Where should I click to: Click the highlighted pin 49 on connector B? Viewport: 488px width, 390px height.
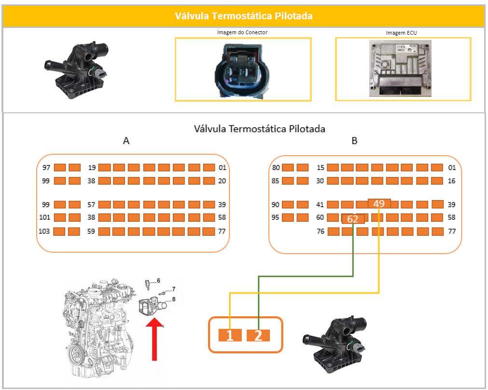click(x=379, y=203)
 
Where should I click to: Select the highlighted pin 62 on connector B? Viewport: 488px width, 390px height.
click(x=353, y=219)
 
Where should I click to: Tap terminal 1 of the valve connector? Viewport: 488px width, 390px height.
click(x=230, y=336)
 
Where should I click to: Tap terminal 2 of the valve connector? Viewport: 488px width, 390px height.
click(x=258, y=336)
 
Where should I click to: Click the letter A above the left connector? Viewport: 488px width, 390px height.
click(x=126, y=141)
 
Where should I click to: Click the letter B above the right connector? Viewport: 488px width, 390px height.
click(x=354, y=141)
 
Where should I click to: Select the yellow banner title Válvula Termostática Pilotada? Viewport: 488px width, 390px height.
click(x=244, y=16)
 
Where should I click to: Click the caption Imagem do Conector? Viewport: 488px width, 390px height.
click(x=242, y=32)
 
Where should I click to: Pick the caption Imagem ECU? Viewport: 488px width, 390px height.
click(x=401, y=33)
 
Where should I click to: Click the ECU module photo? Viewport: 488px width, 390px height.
click(x=400, y=68)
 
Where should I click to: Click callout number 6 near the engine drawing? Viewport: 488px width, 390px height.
click(x=158, y=281)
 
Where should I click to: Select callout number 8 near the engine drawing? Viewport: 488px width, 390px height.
click(x=174, y=299)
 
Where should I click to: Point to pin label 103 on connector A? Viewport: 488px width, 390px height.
click(x=44, y=231)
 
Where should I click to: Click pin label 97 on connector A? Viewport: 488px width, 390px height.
click(x=46, y=167)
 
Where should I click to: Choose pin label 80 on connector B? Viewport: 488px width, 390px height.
click(x=276, y=167)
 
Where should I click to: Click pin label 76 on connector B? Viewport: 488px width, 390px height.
click(x=321, y=231)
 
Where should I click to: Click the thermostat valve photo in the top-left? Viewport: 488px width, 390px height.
click(x=77, y=70)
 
